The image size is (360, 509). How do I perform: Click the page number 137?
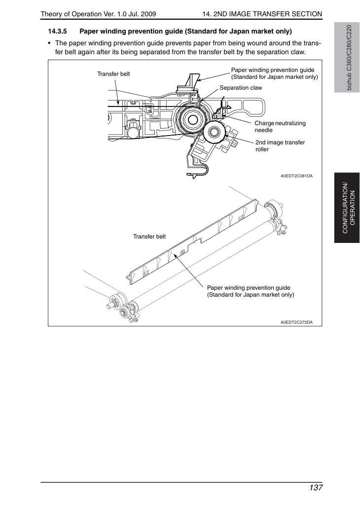click(x=316, y=488)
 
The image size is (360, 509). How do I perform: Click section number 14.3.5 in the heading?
click(x=58, y=32)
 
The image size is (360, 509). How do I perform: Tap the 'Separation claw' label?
click(x=241, y=88)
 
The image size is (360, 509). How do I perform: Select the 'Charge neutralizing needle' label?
click(x=280, y=127)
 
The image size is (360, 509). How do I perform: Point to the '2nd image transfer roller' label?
click(x=280, y=146)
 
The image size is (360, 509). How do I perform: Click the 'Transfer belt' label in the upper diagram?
click(x=113, y=74)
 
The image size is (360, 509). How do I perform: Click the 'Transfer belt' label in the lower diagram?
click(x=149, y=237)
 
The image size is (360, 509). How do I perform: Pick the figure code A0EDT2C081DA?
click(x=297, y=176)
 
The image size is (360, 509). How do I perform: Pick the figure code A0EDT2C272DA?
click(x=297, y=322)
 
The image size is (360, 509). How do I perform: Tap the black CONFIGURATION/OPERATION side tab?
click(x=347, y=208)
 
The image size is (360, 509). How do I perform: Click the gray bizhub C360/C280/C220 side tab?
click(x=347, y=58)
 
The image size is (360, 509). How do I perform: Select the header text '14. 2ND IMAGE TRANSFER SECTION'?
click(x=262, y=14)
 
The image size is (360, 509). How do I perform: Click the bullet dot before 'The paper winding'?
click(x=49, y=43)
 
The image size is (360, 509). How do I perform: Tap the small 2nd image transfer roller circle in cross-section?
click(x=215, y=133)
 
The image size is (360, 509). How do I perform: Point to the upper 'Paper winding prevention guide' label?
click(x=274, y=73)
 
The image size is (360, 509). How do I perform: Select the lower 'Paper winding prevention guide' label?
click(x=251, y=291)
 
